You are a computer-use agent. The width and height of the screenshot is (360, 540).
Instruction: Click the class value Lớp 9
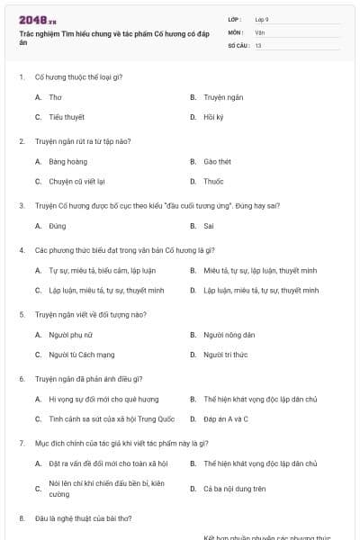click(x=261, y=19)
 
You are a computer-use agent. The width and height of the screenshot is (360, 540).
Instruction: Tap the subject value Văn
click(x=259, y=31)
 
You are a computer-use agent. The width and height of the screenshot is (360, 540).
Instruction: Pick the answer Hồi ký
click(x=213, y=117)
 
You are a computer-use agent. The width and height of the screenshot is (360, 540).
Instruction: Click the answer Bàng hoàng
click(x=67, y=161)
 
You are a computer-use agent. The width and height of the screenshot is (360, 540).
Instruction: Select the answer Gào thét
click(x=217, y=161)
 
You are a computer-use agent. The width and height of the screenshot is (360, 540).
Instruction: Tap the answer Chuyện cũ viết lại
click(x=76, y=181)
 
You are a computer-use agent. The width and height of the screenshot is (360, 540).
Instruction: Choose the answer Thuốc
click(x=214, y=181)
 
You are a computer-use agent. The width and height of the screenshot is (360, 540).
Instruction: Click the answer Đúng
click(x=58, y=226)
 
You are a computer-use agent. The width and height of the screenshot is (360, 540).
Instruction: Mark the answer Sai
click(x=209, y=226)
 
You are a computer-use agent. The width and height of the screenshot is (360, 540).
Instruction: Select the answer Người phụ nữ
click(x=70, y=335)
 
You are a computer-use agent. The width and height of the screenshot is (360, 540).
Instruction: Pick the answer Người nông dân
click(x=225, y=335)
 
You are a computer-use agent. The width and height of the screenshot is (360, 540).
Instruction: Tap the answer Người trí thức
click(x=225, y=355)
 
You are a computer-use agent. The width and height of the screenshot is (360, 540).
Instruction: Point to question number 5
click(x=22, y=314)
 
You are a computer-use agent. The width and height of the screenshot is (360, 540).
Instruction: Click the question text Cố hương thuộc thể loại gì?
click(x=78, y=76)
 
